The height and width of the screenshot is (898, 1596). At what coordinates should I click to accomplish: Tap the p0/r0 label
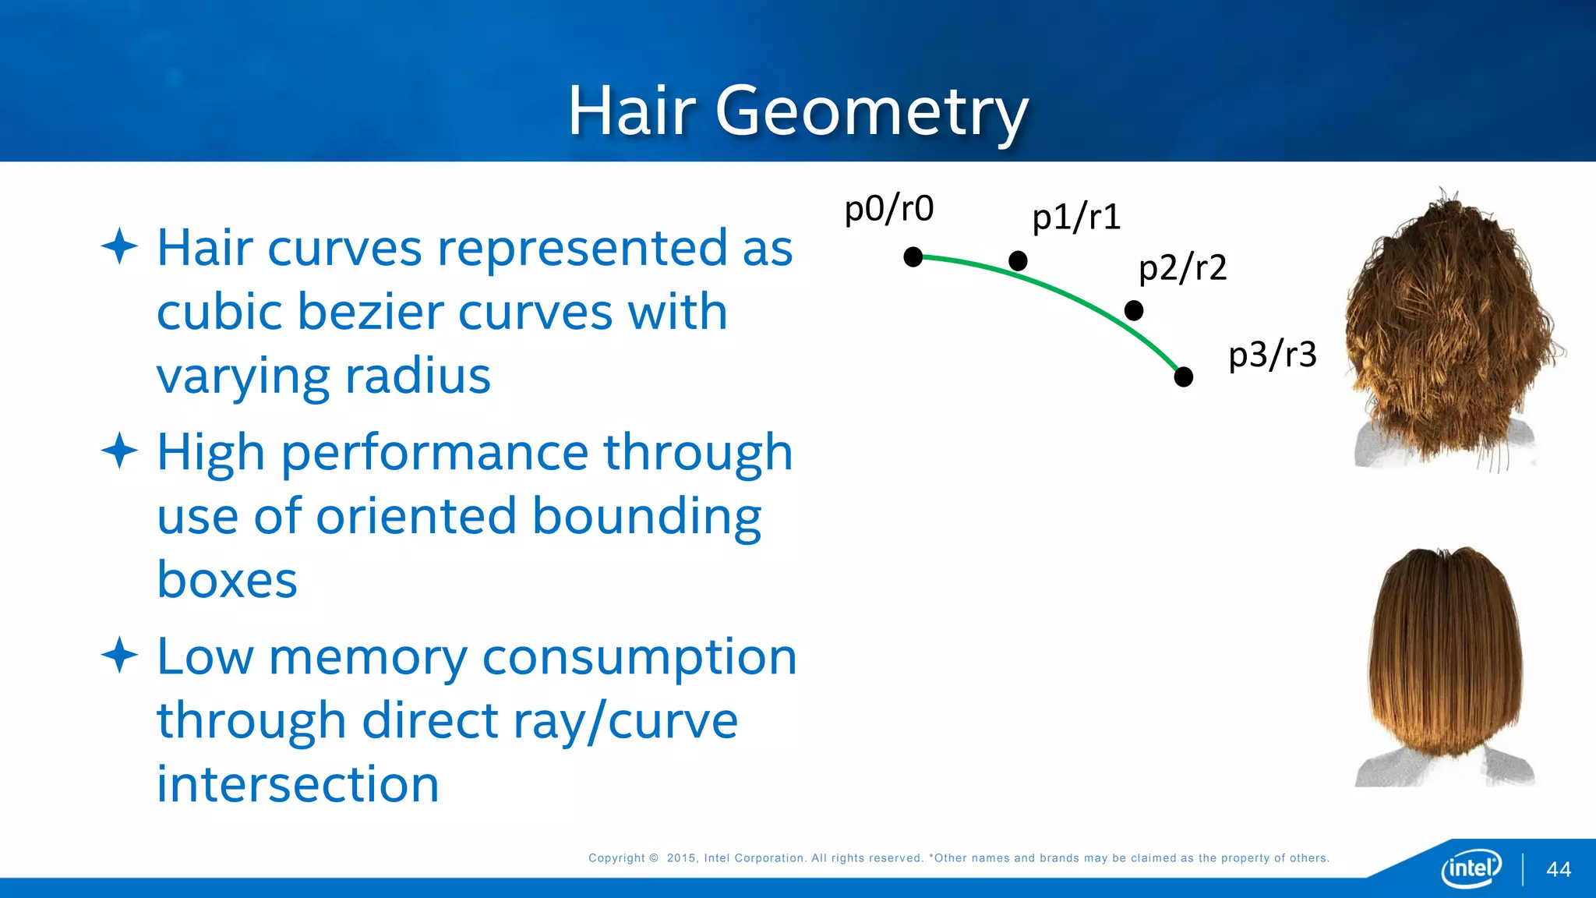click(889, 209)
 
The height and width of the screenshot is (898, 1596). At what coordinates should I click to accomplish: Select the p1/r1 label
click(1076, 217)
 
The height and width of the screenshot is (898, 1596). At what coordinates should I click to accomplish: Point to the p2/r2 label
click(1182, 268)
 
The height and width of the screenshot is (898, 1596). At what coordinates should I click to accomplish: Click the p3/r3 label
click(1273, 355)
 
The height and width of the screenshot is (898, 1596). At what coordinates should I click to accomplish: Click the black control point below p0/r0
click(913, 257)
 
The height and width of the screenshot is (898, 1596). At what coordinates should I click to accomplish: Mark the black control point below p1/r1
click(1018, 261)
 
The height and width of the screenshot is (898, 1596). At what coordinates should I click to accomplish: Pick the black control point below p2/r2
click(1134, 311)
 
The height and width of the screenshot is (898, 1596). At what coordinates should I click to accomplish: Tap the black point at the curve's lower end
click(1183, 377)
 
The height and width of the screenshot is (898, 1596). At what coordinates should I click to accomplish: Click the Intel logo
click(1471, 868)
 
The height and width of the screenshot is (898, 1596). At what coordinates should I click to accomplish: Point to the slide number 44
click(1559, 870)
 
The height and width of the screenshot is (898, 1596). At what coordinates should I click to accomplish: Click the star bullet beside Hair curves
click(119, 246)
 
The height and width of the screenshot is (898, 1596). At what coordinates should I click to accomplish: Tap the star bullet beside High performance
click(119, 451)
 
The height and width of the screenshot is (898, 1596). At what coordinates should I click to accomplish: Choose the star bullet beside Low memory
click(119, 655)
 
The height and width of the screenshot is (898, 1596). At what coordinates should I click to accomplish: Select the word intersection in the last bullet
click(298, 784)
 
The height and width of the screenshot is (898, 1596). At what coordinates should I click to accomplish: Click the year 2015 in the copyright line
click(682, 858)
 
